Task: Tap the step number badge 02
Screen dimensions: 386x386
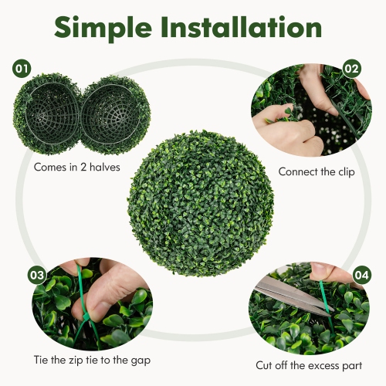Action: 352,69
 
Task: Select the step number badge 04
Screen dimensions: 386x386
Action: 361,275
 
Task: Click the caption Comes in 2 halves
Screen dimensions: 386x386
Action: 76,166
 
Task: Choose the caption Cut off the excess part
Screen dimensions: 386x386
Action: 310,365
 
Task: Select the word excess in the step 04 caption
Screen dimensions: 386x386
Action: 324,365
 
